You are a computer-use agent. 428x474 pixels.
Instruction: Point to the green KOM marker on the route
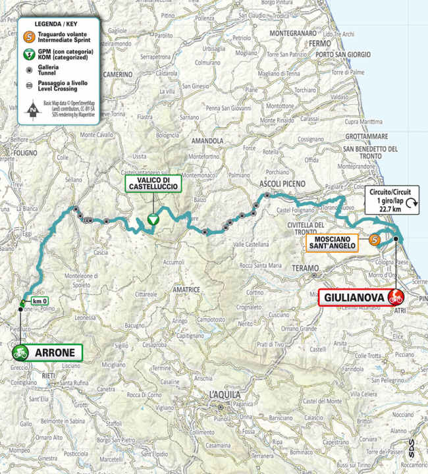[153, 221]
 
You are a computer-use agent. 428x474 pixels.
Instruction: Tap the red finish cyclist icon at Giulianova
[396, 296]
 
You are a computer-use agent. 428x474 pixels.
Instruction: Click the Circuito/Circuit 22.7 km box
[393, 197]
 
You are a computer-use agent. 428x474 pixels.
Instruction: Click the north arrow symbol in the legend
[30, 109]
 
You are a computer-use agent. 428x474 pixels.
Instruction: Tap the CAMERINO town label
[118, 76]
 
